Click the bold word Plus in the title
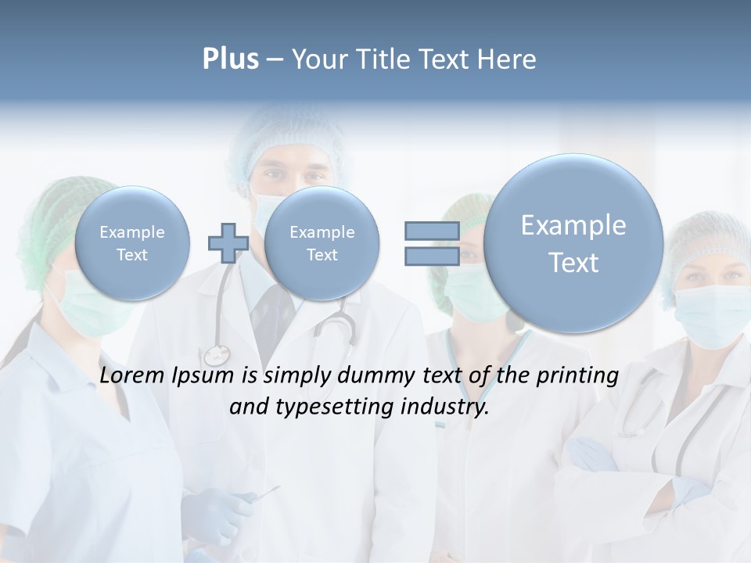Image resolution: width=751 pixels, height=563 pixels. click(230, 59)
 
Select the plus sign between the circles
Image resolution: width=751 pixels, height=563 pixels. click(228, 242)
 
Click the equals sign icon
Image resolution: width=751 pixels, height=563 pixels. click(431, 242)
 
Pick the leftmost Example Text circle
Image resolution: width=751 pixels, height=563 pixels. click(131, 243)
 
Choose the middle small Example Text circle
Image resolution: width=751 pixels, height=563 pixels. click(322, 243)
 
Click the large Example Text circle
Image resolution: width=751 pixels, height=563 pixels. click(573, 243)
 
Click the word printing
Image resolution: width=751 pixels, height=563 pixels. click(577, 376)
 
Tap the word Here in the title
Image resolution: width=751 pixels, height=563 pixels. click(511, 59)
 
